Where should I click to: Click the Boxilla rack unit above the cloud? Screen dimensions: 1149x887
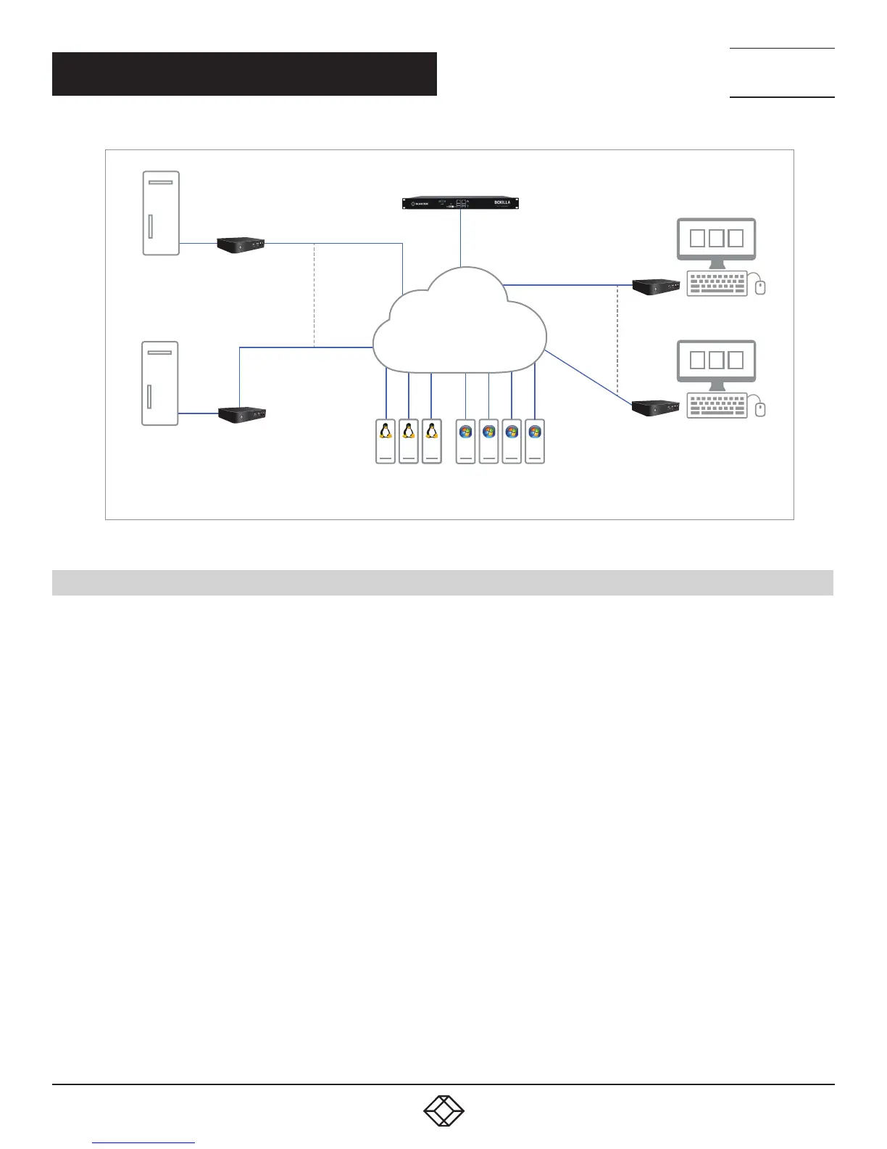[x=460, y=203]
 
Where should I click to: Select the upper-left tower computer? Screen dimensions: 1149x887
[x=161, y=213]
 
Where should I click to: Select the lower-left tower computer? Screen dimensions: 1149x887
[x=160, y=383]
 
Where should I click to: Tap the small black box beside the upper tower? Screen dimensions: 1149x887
[x=241, y=244]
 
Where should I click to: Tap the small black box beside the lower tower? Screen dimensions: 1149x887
[x=242, y=414]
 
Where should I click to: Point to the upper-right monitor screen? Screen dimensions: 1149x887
[x=716, y=238]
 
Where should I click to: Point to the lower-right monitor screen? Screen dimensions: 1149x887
[x=716, y=360]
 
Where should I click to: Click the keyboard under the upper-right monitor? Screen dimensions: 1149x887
[x=716, y=284]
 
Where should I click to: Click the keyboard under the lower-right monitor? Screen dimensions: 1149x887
[x=716, y=405]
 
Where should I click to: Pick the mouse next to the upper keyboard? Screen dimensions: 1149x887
[x=760, y=287]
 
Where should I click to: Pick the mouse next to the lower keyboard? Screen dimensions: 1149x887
[x=760, y=409]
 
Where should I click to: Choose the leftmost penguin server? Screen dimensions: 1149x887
[x=386, y=441]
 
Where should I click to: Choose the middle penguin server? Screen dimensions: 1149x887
[x=409, y=441]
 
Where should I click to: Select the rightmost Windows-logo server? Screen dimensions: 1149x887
[x=535, y=441]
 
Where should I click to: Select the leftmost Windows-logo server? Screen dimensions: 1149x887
[x=466, y=441]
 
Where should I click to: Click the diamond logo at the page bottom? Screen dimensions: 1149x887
[x=443, y=1111]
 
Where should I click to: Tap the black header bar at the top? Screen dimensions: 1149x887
[x=244, y=74]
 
